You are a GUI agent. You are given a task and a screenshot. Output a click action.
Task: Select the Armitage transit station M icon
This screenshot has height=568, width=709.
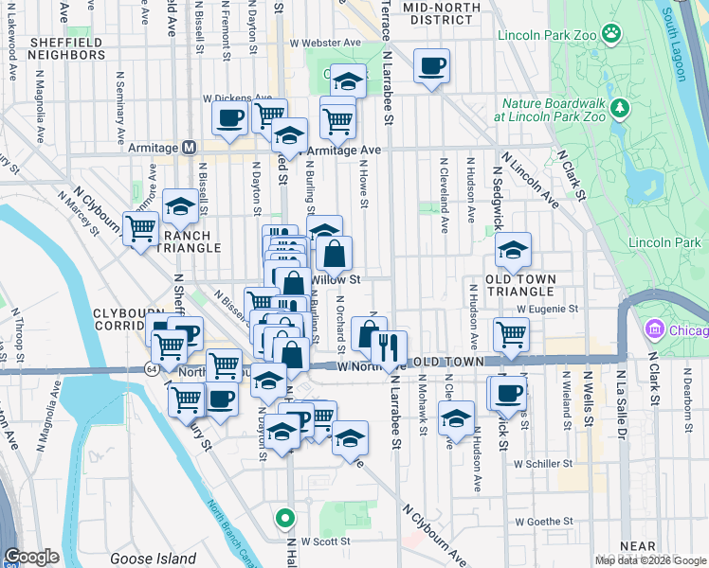(189, 148)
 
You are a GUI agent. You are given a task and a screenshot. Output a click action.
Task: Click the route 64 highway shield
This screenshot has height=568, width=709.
(152, 366)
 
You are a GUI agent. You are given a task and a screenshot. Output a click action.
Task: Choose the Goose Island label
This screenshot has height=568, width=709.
(153, 559)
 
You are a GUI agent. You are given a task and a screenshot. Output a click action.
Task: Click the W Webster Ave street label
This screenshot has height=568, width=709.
(325, 43)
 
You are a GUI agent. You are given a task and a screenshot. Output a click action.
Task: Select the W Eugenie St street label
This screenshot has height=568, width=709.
(547, 309)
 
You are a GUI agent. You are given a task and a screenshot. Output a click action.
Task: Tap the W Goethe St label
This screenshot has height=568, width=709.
(544, 521)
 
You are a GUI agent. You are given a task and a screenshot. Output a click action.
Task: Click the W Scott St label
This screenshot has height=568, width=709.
(320, 541)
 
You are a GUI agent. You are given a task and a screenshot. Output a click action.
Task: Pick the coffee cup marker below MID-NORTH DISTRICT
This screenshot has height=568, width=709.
(431, 66)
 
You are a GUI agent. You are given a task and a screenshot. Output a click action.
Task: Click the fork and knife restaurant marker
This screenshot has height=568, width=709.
(389, 346)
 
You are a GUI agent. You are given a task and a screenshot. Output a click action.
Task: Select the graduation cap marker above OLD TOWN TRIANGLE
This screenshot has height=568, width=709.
(513, 250)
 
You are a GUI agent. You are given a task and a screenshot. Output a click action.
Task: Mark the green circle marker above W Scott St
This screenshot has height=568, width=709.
(284, 518)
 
